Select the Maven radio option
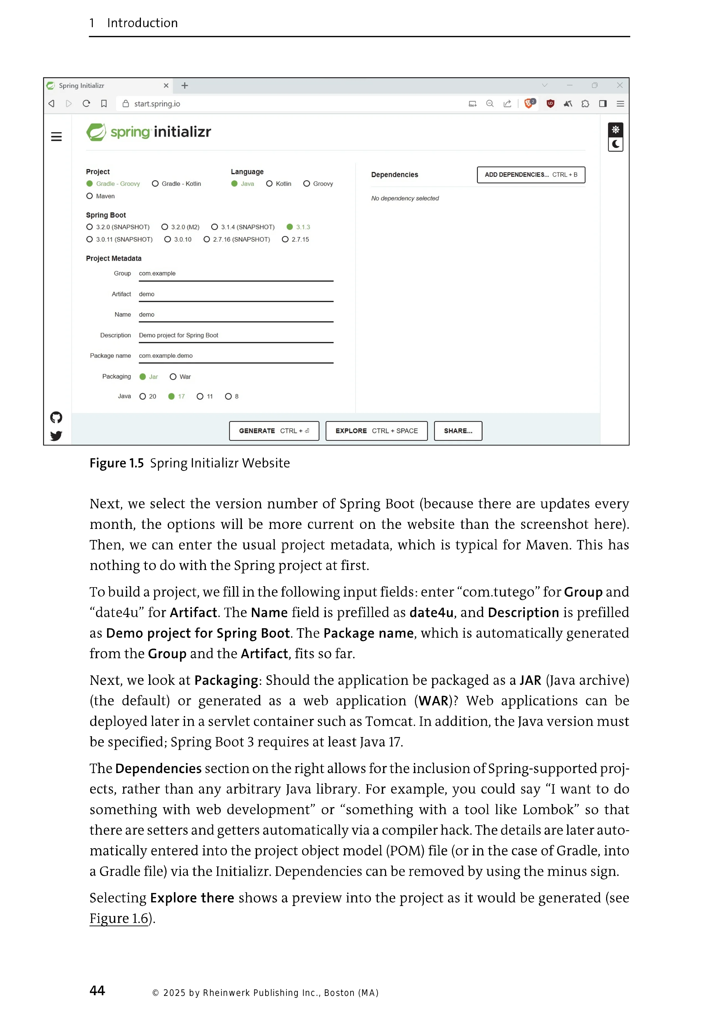click(90, 196)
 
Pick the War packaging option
click(173, 377)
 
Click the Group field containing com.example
click(236, 274)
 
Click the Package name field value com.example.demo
click(236, 356)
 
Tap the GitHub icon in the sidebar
click(56, 417)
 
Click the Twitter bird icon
click(56, 436)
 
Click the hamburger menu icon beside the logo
click(56, 137)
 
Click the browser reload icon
click(86, 104)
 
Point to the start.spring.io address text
click(157, 104)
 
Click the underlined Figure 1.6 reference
click(119, 918)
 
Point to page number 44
click(97, 991)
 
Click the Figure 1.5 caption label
click(117, 463)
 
